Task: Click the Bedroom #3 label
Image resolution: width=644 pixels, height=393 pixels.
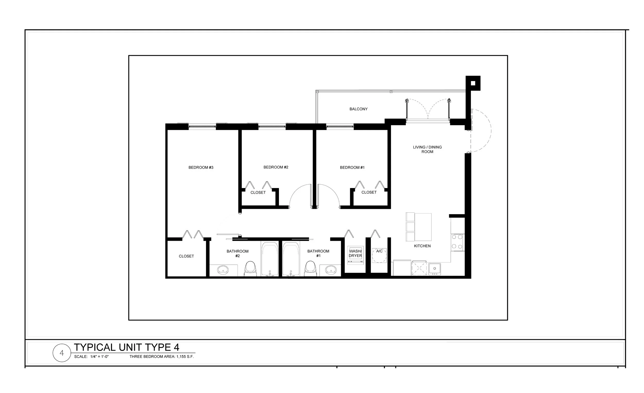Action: pyautogui.click(x=201, y=167)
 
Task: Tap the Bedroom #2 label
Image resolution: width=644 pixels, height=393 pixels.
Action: pyautogui.click(x=276, y=167)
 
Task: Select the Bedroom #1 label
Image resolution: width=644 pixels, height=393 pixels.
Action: pyautogui.click(x=352, y=167)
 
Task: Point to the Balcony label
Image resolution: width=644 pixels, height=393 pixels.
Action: pyautogui.click(x=358, y=109)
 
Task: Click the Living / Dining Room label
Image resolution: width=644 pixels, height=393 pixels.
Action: pyautogui.click(x=427, y=149)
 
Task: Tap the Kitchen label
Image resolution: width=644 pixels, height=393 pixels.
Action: pyautogui.click(x=422, y=246)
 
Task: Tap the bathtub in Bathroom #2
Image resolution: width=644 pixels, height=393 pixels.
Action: pyautogui.click(x=270, y=258)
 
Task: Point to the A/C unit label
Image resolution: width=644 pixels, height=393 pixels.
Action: pyautogui.click(x=379, y=251)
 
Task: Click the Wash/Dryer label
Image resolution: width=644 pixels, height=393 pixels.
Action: pyautogui.click(x=355, y=253)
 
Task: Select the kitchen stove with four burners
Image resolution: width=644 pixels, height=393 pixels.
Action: pyautogui.click(x=457, y=242)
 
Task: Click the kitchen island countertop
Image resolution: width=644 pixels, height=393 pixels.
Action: pyautogui.click(x=423, y=227)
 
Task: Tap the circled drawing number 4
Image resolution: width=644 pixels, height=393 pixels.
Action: pyautogui.click(x=62, y=353)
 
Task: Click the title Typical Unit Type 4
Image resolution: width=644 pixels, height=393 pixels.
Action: pyautogui.click(x=126, y=347)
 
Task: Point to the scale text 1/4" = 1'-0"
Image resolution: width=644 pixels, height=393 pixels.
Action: pyautogui.click(x=99, y=357)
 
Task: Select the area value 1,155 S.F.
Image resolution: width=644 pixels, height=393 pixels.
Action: pyautogui.click(x=185, y=357)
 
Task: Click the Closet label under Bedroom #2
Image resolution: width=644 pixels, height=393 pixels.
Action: pyautogui.click(x=258, y=193)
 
